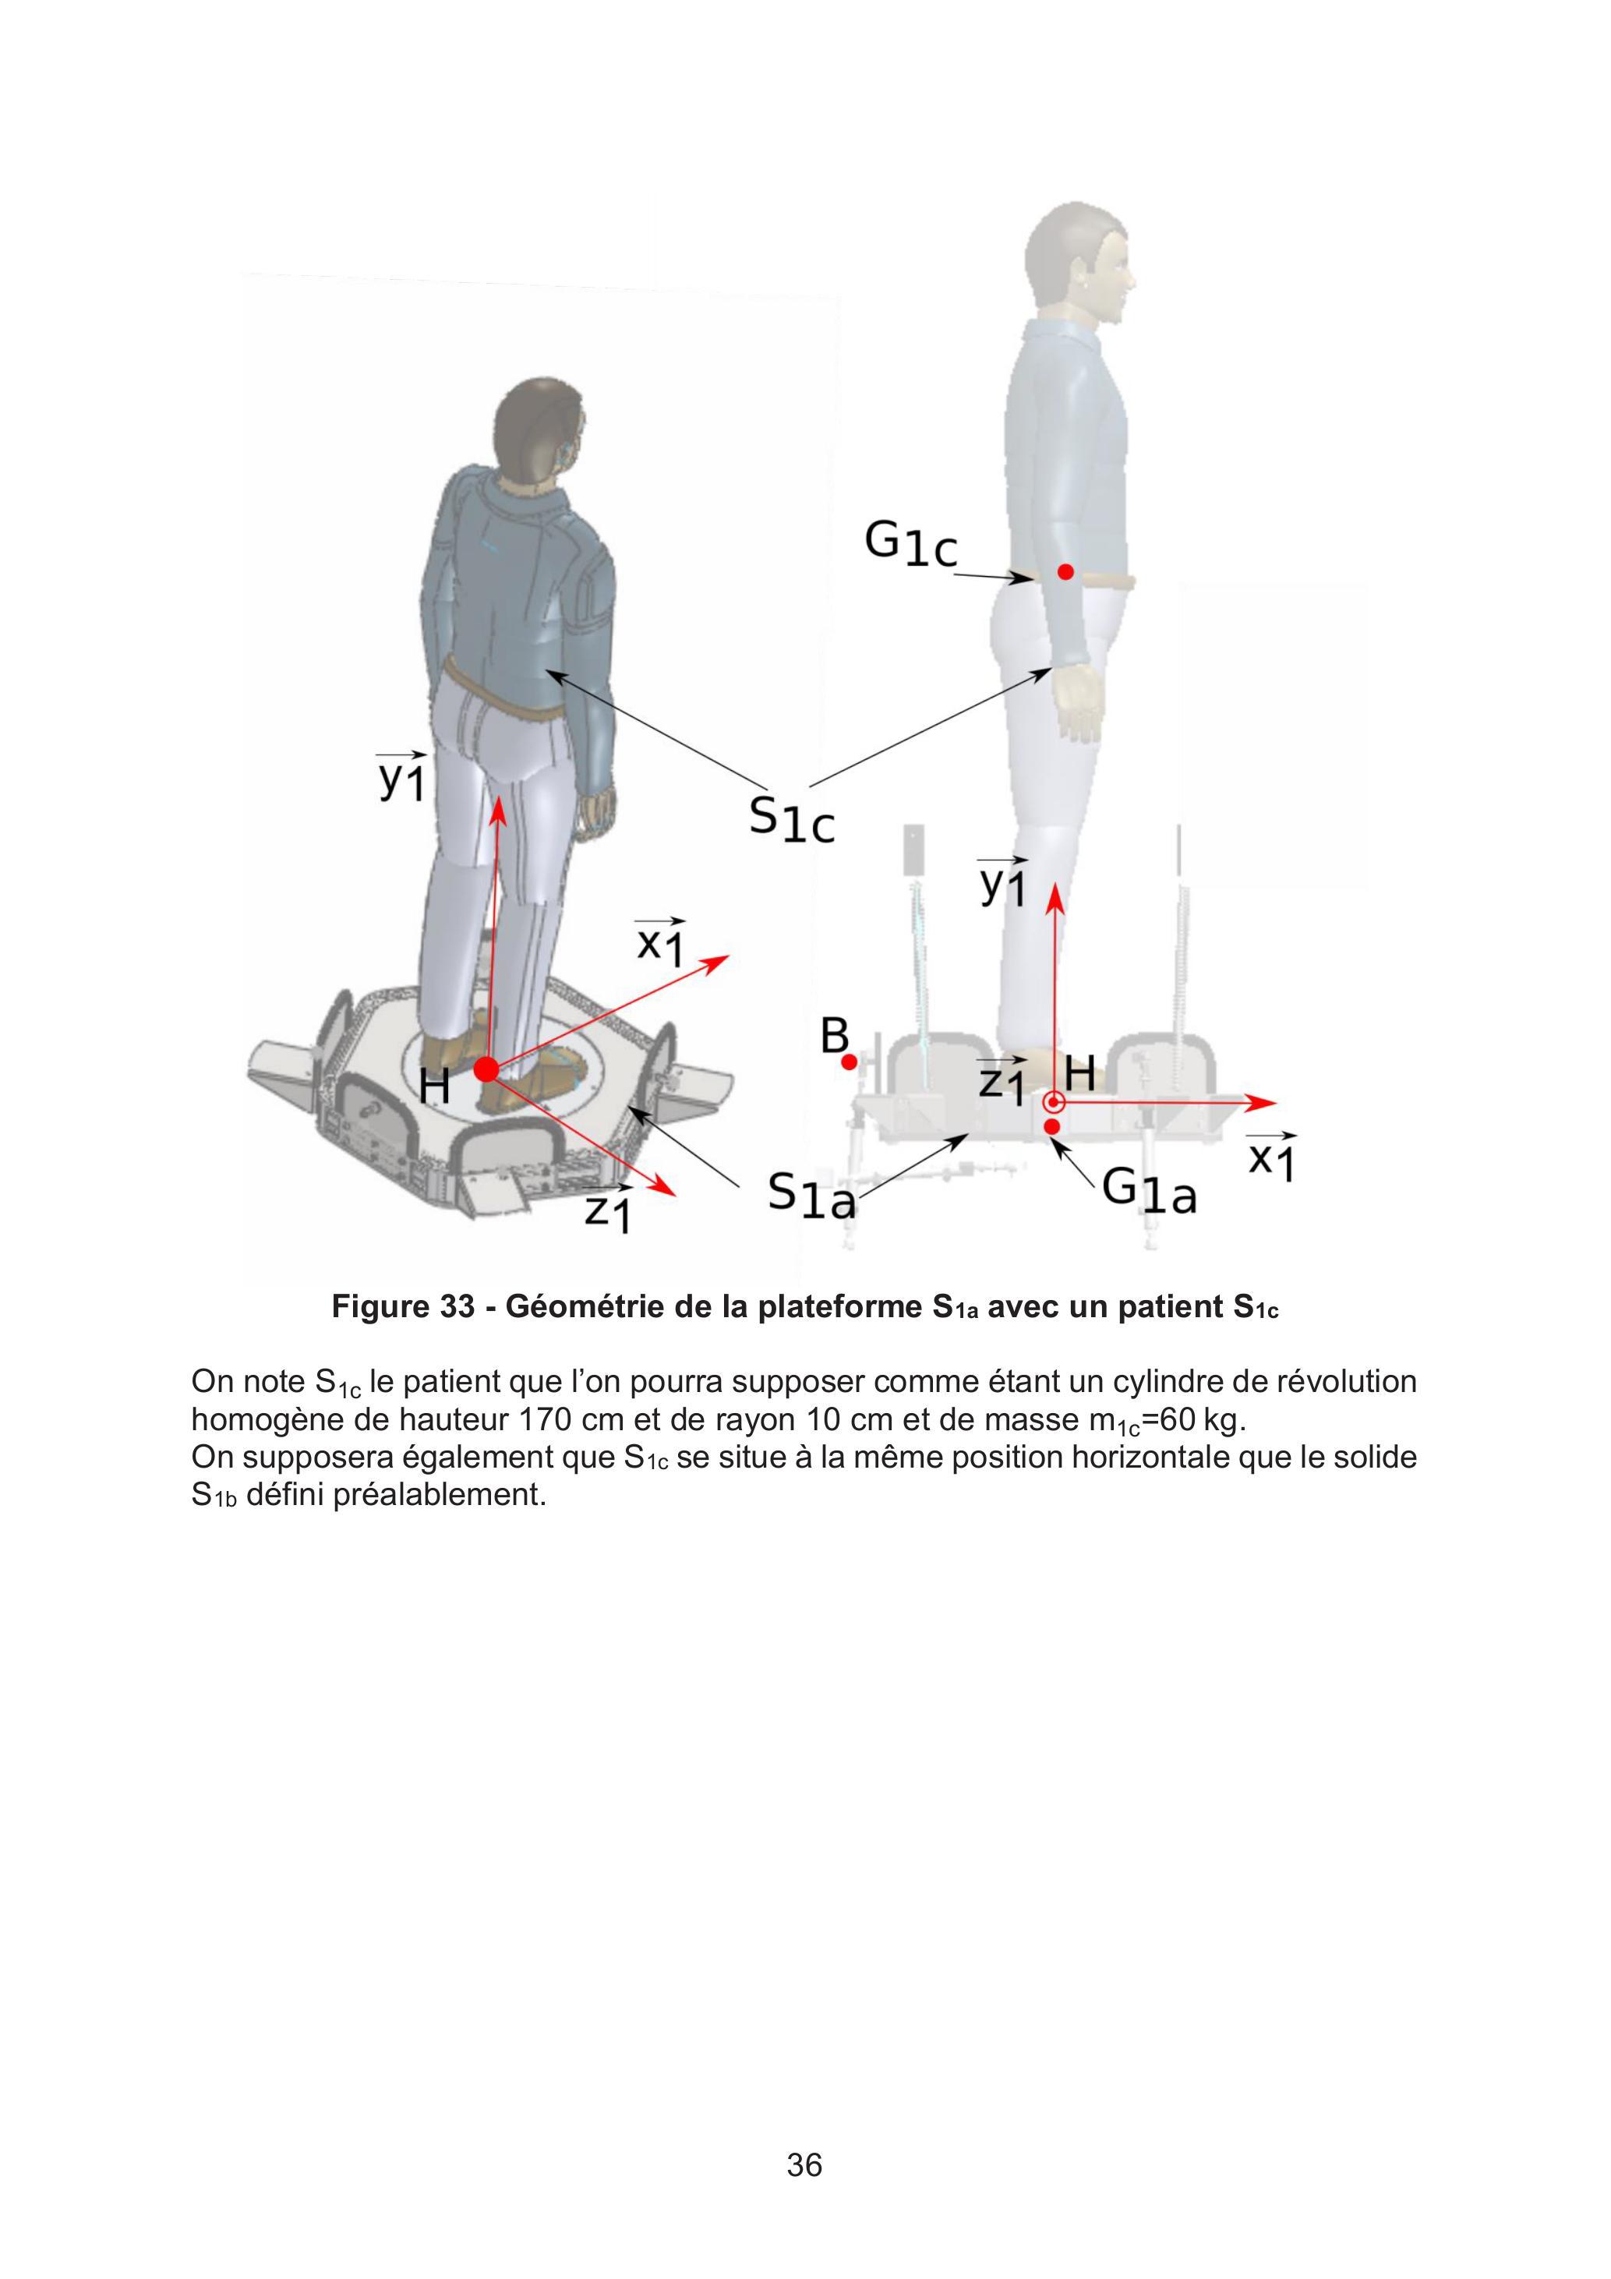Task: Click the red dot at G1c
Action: click(x=1065, y=572)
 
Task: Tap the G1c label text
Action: click(x=911, y=544)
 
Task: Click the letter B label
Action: click(x=835, y=1037)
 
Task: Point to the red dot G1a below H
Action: click(x=1052, y=1126)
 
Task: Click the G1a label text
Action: click(x=1150, y=1189)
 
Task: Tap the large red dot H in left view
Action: click(x=486, y=1069)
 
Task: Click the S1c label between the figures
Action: click(x=791, y=820)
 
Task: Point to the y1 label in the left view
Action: click(x=401, y=776)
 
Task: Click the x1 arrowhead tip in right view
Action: click(x=1277, y=1102)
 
